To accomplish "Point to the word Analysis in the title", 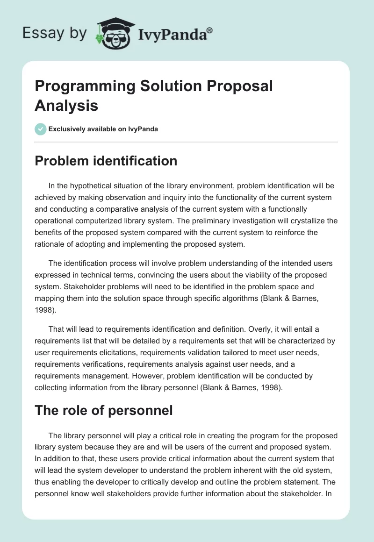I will [x=66, y=105].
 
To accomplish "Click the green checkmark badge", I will [x=41, y=129].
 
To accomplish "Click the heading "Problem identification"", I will [x=106, y=161].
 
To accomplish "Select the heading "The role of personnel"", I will [x=104, y=411].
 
